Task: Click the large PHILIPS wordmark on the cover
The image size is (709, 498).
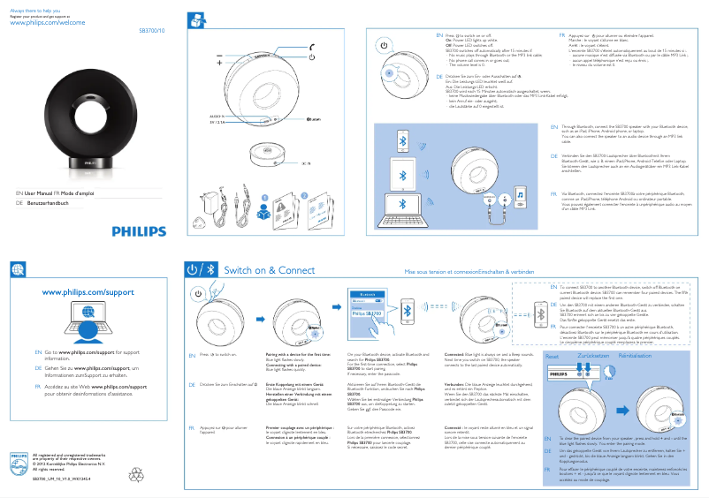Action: (139, 231)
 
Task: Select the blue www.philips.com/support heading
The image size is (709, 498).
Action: (88, 291)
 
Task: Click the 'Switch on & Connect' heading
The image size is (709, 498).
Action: (270, 270)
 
